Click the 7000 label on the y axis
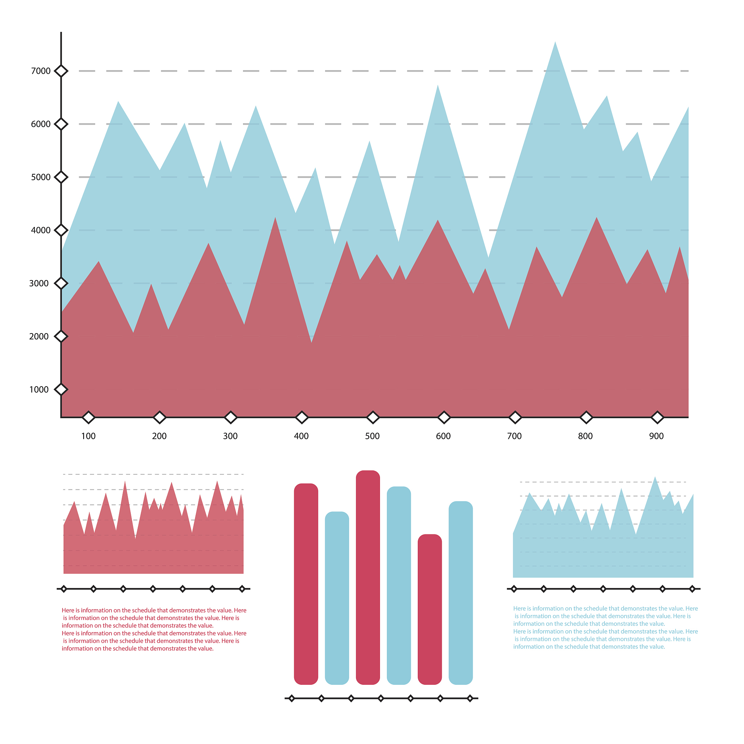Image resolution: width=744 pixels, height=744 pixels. tap(40, 71)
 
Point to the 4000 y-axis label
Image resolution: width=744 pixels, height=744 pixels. tap(40, 230)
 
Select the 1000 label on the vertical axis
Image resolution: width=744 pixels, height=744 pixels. tap(39, 390)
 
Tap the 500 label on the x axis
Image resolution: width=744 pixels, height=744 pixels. tap(372, 436)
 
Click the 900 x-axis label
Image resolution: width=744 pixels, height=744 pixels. tap(656, 436)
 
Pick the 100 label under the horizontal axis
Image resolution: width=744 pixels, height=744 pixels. tap(88, 436)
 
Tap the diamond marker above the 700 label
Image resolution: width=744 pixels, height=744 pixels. tap(515, 417)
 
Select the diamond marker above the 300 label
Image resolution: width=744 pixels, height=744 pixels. tap(230, 417)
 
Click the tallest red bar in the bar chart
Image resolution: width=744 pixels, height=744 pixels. tap(368, 578)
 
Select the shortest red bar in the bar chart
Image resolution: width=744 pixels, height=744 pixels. tap(429, 608)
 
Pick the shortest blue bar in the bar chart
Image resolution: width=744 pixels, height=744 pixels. tap(337, 597)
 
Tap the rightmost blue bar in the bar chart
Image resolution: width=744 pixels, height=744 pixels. tap(461, 593)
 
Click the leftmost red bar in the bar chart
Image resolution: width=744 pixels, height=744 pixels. tap(306, 583)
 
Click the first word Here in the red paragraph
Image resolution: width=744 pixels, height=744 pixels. tap(68, 610)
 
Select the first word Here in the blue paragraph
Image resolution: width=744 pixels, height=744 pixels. tap(519, 608)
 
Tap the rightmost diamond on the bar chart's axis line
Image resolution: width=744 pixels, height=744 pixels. tap(470, 698)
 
